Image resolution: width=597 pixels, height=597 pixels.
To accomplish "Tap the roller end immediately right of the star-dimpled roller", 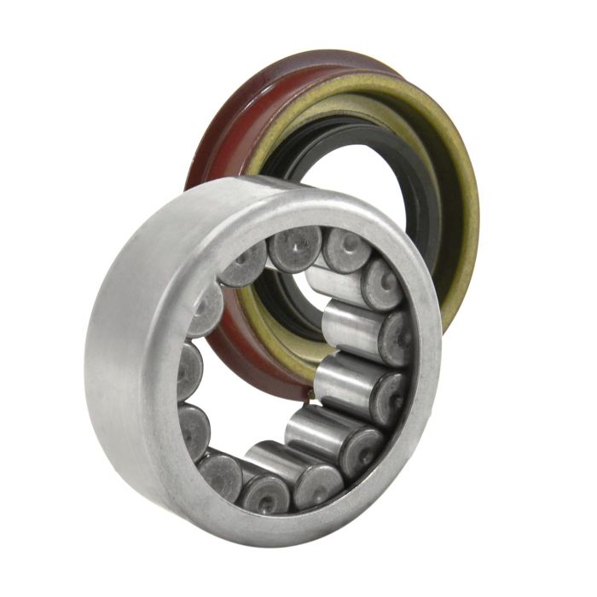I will click(346, 249).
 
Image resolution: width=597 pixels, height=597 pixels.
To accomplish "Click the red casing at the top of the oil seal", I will click(281, 77).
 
